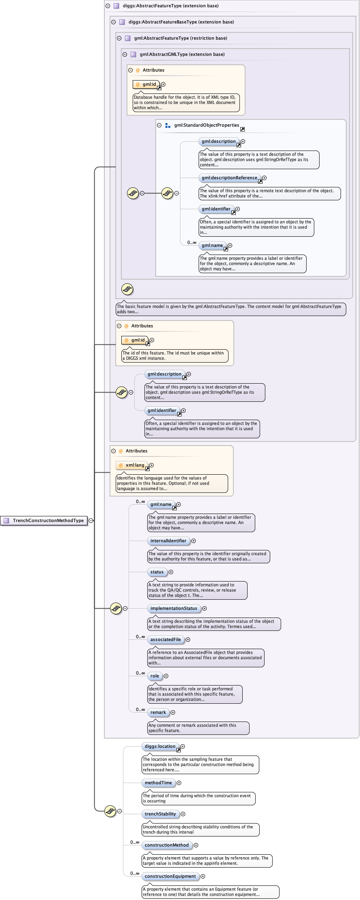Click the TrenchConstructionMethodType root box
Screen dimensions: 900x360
pos(44,520)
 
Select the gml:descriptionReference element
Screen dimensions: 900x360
pos(229,178)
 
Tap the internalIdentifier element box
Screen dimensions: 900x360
pos(168,541)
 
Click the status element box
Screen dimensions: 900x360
pos(157,572)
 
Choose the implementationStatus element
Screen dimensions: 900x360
pos(174,608)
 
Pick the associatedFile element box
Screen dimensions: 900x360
pos(165,639)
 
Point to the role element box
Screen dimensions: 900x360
pos(155,676)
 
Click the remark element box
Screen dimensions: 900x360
pos(158,712)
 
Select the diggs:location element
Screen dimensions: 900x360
pos(160,746)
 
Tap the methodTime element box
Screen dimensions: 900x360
pos(158,783)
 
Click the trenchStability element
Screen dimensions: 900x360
pos(160,814)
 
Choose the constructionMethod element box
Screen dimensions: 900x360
pos(167,845)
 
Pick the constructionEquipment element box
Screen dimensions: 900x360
pos(170,876)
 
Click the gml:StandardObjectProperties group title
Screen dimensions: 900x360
pos(207,125)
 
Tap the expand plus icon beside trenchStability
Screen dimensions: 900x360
pos(183,814)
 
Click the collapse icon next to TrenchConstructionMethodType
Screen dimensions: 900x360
pos(91,520)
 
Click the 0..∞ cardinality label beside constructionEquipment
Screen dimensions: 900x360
pos(135,873)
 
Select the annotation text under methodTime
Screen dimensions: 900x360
pos(198,798)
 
